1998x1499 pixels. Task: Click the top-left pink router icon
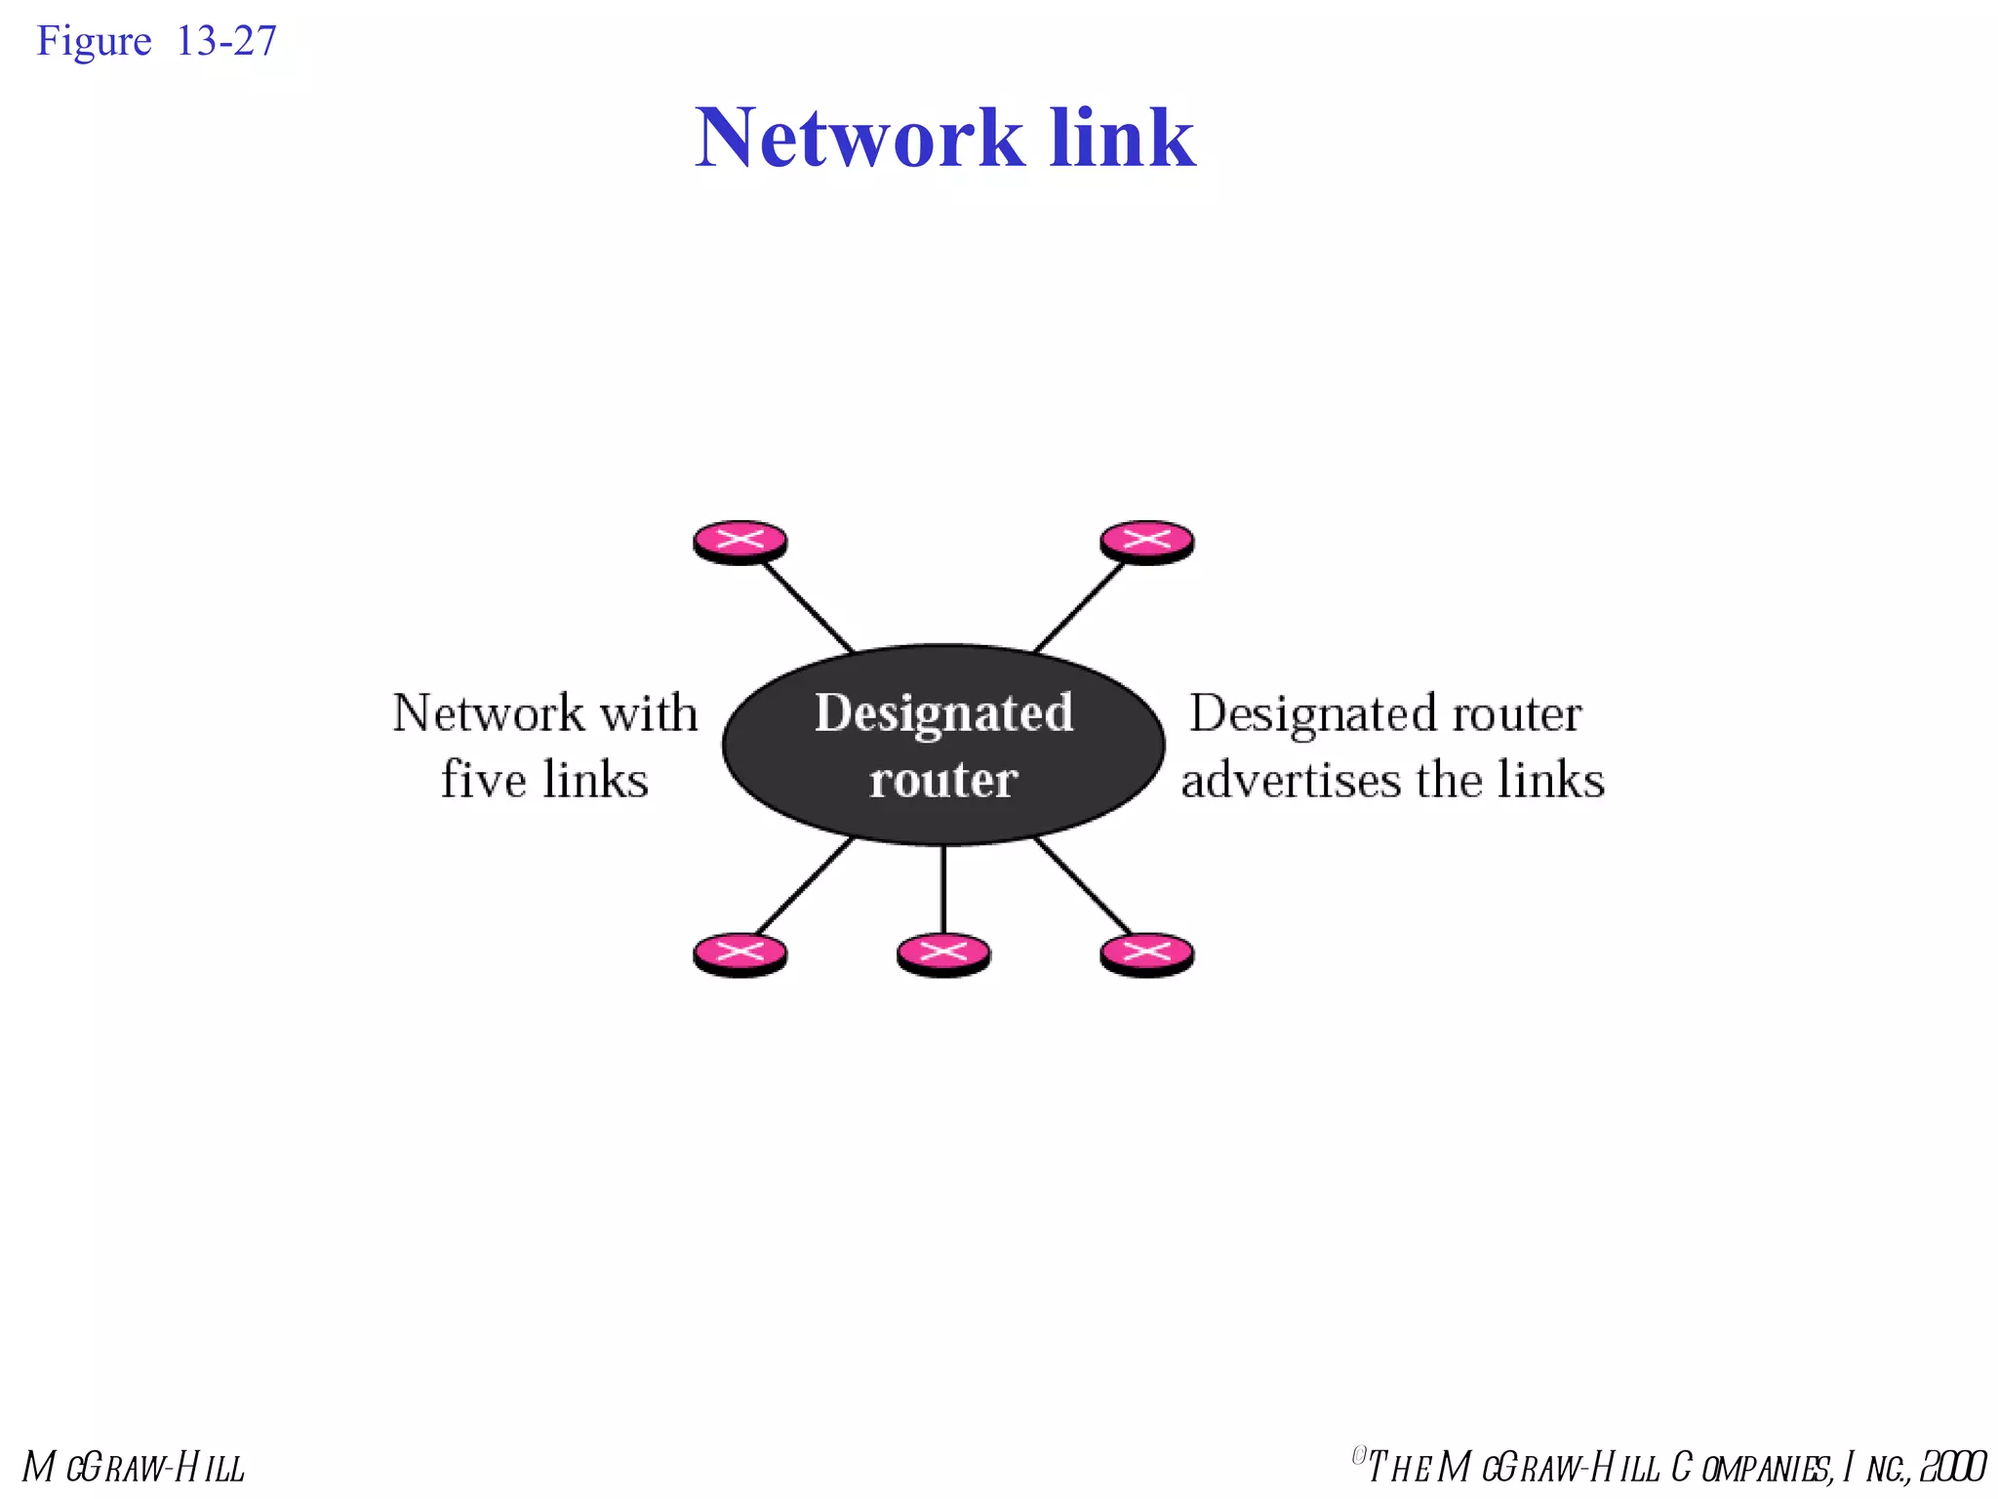point(739,542)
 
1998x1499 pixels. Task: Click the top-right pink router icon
point(1146,542)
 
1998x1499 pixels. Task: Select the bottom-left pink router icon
point(739,954)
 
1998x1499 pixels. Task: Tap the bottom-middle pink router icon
point(943,954)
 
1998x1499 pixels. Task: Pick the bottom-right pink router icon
point(1146,954)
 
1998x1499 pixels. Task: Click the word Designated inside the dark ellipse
point(943,713)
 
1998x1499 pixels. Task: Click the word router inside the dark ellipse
point(943,780)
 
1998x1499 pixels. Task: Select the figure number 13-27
point(226,41)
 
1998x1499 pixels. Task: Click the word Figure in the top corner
point(94,42)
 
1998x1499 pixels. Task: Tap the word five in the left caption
point(483,780)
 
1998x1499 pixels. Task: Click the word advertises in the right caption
point(1292,780)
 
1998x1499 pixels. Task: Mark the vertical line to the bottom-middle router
point(943,888)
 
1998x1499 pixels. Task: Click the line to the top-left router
point(807,606)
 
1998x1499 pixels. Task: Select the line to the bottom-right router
point(1083,885)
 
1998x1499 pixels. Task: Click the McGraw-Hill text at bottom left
point(134,1468)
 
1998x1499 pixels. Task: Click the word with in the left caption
point(649,713)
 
